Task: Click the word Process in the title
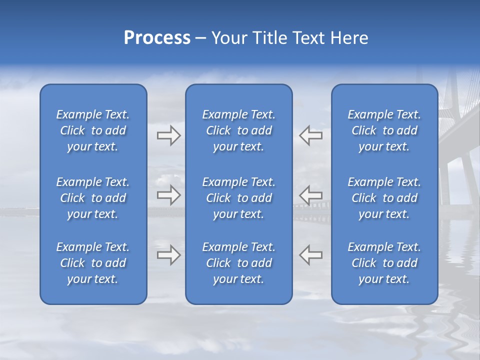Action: [157, 38]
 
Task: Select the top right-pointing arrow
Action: [168, 135]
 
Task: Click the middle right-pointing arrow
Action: [168, 195]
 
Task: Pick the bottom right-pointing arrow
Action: [168, 254]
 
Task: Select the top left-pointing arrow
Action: [310, 135]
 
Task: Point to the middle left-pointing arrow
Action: [310, 195]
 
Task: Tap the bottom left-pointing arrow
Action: [310, 254]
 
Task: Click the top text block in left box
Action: [93, 130]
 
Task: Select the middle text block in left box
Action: [93, 198]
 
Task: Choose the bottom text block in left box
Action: [93, 263]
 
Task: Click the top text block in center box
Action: [238, 130]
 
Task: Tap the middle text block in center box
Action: [238, 198]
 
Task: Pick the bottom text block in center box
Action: [238, 263]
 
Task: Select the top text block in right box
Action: [384, 130]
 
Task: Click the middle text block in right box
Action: [384, 198]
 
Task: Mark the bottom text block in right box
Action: [384, 263]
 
